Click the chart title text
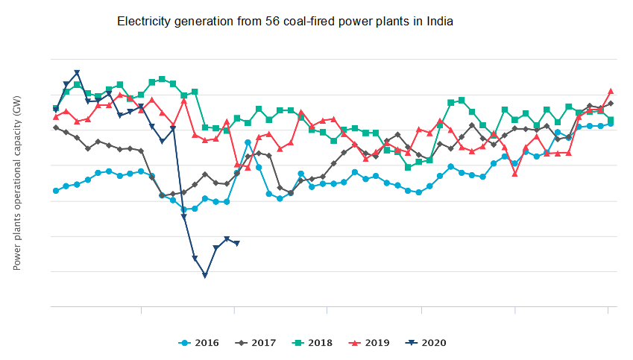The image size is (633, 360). [x=285, y=22]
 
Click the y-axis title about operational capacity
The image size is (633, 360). [x=17, y=183]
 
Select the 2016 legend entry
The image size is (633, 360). [x=199, y=343]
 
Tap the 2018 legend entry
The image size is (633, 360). [x=313, y=343]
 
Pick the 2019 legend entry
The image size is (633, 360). [x=371, y=343]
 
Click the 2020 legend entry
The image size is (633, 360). [x=427, y=343]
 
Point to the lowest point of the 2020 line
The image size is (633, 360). [x=205, y=276]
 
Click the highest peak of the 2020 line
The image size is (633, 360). [x=77, y=72]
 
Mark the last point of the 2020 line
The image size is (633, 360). [x=237, y=243]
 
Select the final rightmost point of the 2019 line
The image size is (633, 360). [x=611, y=91]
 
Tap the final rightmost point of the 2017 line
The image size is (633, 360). [x=611, y=103]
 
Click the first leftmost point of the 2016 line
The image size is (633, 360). [x=56, y=191]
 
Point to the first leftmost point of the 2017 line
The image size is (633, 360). [x=56, y=127]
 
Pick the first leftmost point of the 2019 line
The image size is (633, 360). [x=56, y=117]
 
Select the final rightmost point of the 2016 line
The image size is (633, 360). [x=611, y=124]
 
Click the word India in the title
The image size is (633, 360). [x=438, y=22]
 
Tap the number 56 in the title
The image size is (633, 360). [x=272, y=22]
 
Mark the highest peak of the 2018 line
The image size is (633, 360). [x=162, y=78]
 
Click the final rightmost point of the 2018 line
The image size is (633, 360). [x=611, y=119]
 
